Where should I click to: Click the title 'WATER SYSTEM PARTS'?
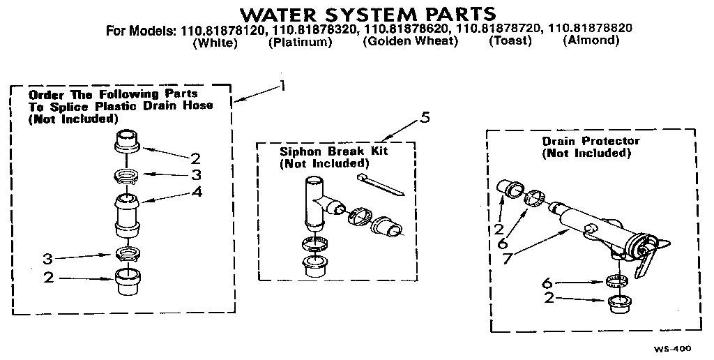[367, 13]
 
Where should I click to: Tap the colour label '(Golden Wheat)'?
[410, 41]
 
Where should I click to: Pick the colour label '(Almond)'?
[591, 40]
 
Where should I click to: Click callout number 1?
[282, 86]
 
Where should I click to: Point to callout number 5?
[425, 118]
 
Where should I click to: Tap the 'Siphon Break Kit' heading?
[324, 151]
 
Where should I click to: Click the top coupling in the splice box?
[126, 141]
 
